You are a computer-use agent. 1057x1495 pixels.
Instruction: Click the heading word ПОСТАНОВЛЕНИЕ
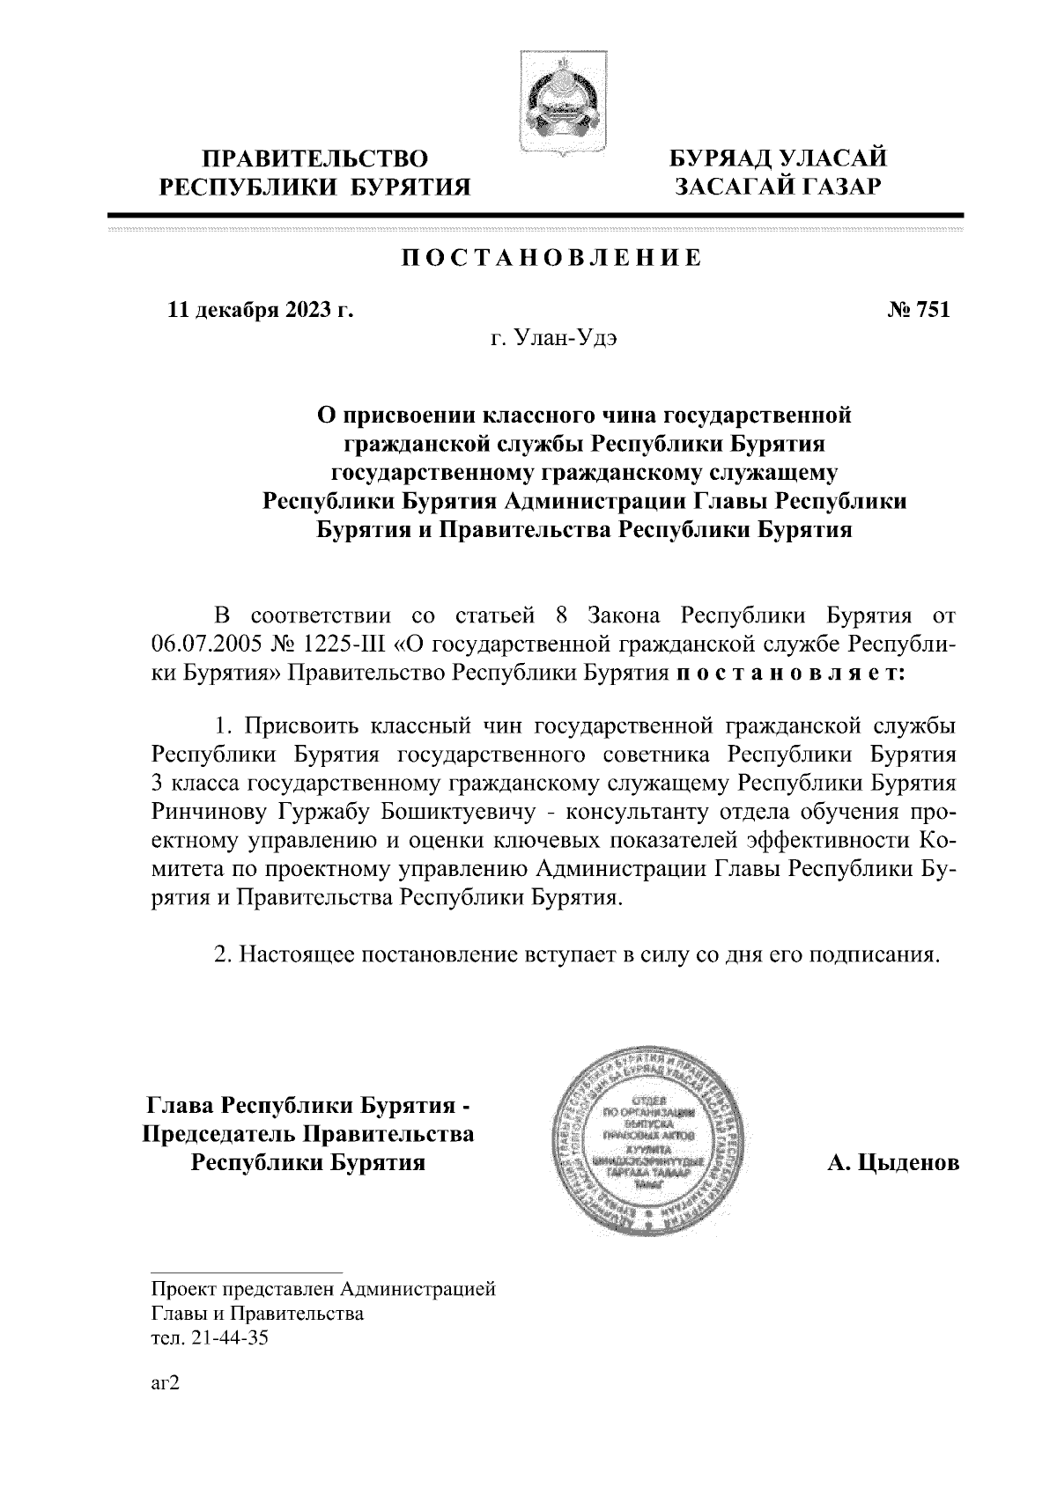[x=551, y=258]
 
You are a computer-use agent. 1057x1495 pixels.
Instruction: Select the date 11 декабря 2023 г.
[x=260, y=310]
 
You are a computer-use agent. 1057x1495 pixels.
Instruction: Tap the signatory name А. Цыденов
[x=892, y=1163]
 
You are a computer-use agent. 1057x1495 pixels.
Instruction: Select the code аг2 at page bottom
[x=166, y=1384]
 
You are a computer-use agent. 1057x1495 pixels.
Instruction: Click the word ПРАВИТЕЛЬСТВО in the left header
[x=315, y=159]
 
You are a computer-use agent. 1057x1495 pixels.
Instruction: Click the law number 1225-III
[x=346, y=644]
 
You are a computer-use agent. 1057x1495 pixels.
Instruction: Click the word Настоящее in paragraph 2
[x=294, y=955]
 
